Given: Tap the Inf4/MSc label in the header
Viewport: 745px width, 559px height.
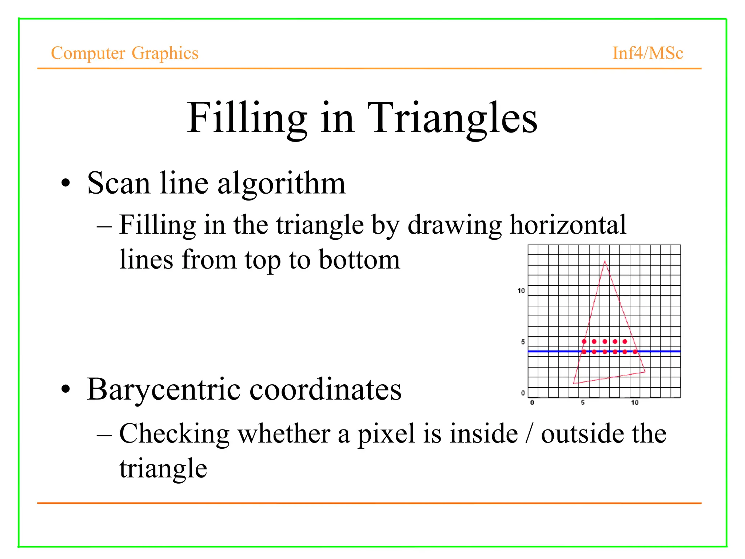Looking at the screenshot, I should tap(648, 53).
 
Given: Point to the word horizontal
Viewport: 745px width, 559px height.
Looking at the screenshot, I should tap(568, 225).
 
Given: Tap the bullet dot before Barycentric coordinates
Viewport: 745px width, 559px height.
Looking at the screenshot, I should tap(65, 389).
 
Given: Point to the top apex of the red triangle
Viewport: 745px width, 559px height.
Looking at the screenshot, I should tap(605, 261).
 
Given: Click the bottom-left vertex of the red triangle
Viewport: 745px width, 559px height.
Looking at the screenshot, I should tap(574, 383).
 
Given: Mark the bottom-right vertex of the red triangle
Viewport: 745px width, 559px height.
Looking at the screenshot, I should tap(645, 372).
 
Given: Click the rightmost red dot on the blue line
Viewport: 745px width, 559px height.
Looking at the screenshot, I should tap(635, 352).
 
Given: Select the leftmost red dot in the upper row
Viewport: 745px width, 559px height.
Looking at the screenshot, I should tap(584, 341).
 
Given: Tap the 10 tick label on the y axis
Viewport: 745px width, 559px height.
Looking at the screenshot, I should tap(521, 290).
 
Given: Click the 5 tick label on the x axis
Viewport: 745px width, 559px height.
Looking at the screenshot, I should tap(583, 403).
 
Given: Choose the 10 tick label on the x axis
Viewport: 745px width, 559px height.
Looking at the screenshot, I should tap(634, 403).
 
